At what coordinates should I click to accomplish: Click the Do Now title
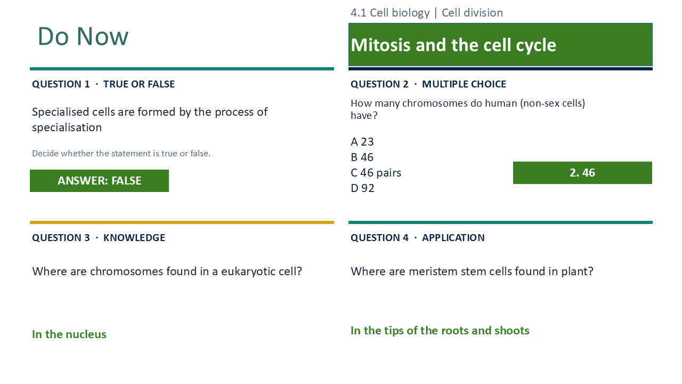tap(83, 36)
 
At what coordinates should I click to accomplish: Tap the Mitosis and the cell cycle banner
tap(500, 44)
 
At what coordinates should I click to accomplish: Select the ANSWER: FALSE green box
tap(99, 181)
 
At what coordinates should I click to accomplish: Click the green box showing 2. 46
tap(582, 173)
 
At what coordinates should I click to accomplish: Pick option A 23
tap(362, 142)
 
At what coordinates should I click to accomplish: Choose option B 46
tap(362, 157)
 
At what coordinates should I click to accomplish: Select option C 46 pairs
tap(376, 173)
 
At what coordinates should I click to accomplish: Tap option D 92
tap(362, 188)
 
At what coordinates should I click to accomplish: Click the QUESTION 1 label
tap(61, 84)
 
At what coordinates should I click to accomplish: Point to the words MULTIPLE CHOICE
tap(464, 84)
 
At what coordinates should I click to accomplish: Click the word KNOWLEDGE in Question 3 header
tap(134, 238)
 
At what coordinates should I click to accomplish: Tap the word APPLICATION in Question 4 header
tap(453, 238)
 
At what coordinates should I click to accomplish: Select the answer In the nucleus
tap(69, 334)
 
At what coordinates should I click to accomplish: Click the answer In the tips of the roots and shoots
tap(440, 331)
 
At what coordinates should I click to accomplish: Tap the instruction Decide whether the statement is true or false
tap(121, 153)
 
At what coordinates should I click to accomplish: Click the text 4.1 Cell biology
tap(390, 13)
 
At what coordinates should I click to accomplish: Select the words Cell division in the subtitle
tap(472, 13)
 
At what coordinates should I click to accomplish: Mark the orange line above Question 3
tap(182, 222)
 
